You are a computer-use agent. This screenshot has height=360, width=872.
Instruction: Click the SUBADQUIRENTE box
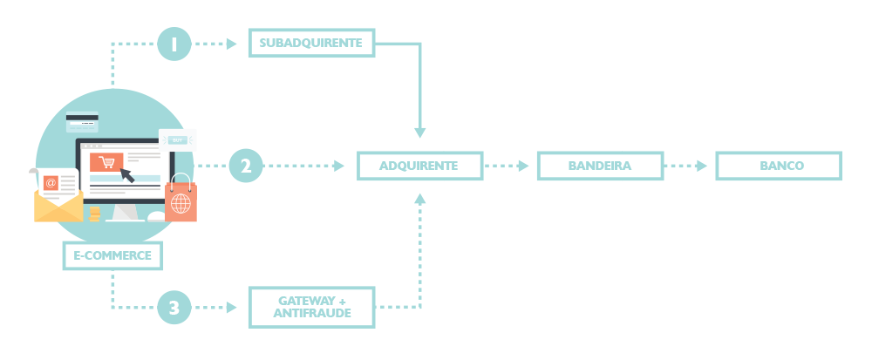coord(311,43)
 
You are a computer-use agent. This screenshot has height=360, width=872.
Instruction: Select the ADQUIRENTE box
coord(419,165)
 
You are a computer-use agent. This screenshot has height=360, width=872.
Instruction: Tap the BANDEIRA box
coord(599,165)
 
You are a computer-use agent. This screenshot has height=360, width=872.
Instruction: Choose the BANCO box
coord(778,165)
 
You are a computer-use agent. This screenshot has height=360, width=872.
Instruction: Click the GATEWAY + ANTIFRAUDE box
coord(311,306)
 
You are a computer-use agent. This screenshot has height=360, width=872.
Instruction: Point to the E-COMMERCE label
coord(113,255)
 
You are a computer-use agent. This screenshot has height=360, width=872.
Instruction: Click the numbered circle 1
coord(174,43)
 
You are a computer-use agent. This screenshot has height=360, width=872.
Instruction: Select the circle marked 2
coord(246,165)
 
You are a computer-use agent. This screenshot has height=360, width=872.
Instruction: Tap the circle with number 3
coord(174,306)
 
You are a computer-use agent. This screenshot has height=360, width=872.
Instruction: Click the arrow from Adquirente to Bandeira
coord(508,165)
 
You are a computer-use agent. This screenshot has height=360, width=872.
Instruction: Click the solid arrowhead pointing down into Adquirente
coord(419,132)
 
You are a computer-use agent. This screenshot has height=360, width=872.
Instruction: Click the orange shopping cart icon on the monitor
coord(106,161)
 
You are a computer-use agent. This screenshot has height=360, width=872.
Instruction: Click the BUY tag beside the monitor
coord(177,139)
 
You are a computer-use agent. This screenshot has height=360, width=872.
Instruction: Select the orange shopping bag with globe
coord(181,200)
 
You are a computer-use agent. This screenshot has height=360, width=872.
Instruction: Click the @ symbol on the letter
coord(51,183)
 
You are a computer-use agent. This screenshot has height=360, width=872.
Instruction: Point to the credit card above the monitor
coord(82,123)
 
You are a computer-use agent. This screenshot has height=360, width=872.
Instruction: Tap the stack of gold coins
coord(94,214)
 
